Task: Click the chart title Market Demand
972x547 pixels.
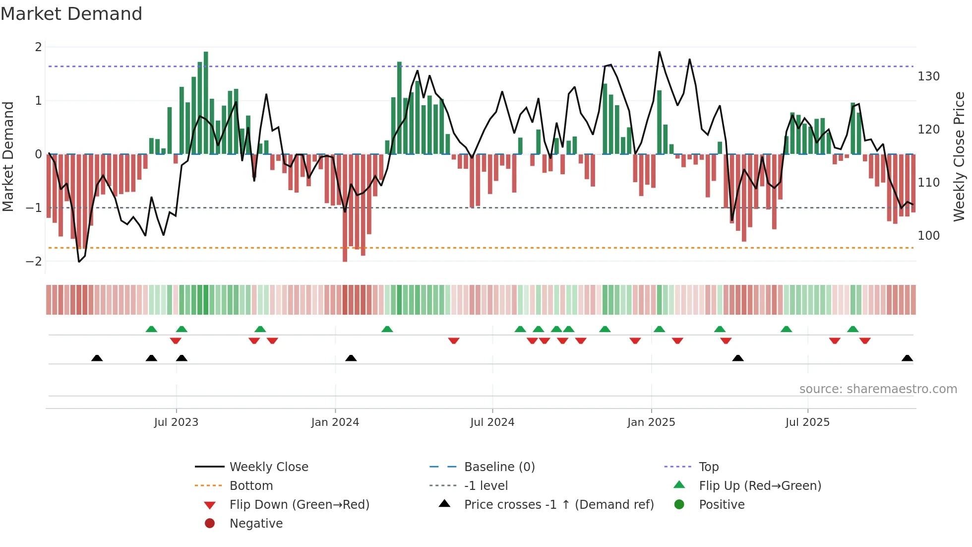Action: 71,14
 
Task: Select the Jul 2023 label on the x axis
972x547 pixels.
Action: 176,422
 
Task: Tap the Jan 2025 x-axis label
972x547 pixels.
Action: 651,422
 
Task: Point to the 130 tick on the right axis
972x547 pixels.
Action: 928,76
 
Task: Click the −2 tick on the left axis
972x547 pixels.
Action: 34,262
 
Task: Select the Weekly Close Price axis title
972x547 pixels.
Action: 959,156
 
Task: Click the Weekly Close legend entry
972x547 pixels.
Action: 268,467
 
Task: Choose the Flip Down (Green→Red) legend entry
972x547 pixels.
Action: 299,505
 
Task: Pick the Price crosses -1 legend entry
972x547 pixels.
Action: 558,505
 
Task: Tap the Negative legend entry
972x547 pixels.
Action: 256,524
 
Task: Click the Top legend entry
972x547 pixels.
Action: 708,467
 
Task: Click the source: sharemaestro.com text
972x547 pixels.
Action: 878,389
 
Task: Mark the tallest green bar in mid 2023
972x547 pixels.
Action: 206,102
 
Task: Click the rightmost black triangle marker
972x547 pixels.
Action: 907,358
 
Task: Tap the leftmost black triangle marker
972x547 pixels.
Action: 97,358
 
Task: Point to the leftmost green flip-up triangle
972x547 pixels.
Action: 151,329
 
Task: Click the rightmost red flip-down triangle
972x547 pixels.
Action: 865,341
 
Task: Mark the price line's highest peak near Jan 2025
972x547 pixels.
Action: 659,52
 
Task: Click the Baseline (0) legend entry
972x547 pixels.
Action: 499,467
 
